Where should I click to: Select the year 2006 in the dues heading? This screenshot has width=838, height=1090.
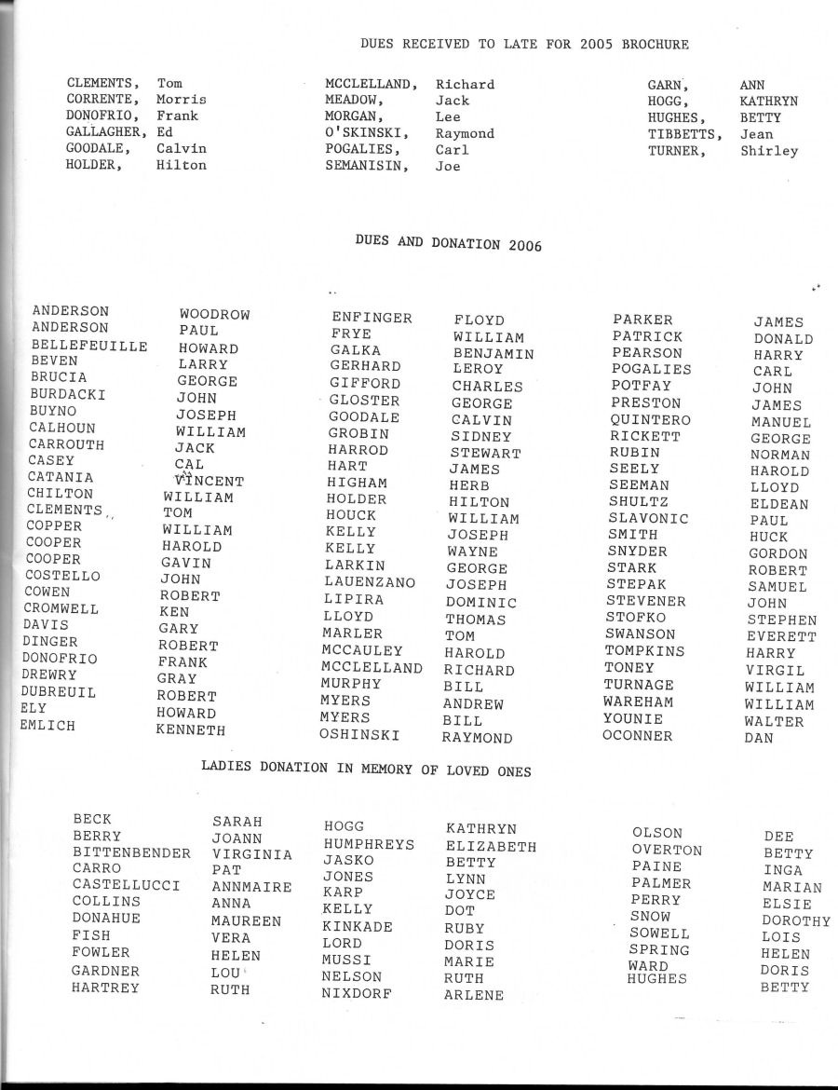[526, 246]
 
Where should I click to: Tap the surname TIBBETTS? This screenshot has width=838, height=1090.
[685, 134]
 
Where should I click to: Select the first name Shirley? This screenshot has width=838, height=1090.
[769, 151]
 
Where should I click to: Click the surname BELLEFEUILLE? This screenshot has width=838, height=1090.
[89, 345]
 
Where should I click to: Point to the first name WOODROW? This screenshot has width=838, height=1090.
[215, 315]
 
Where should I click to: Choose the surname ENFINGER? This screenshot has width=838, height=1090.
[372, 318]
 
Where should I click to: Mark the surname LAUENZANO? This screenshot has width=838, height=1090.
[370, 582]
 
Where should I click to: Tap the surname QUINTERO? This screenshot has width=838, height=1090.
[651, 420]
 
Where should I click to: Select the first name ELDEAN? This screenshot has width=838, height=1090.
[779, 504]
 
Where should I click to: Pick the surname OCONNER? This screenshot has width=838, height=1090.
[637, 736]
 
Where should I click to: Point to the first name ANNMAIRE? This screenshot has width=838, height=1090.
[251, 887]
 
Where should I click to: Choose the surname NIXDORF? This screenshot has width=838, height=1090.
[357, 993]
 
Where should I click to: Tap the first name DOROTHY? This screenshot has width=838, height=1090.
[795, 920]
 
